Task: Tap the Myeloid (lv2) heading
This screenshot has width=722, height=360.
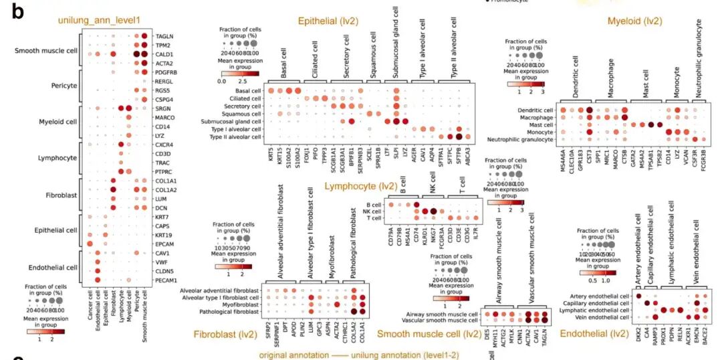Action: tap(634, 22)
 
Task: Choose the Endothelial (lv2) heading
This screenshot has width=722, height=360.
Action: tap(594, 333)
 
